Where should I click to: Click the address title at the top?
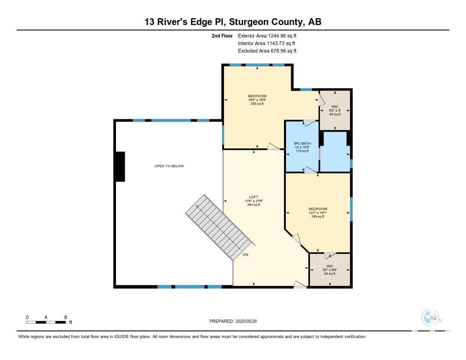233,22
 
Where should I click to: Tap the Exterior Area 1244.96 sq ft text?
267,35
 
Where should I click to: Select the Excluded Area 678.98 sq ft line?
267,51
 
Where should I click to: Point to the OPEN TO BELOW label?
169,166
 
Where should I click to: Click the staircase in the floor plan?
220,227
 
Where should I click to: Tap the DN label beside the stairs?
245,255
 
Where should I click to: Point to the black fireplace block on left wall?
120,167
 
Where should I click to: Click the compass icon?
430,318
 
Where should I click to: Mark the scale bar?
46,322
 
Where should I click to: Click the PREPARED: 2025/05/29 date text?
233,321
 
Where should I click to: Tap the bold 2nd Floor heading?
222,35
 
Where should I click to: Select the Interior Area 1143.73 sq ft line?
267,43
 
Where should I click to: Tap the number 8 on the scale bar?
66,317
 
